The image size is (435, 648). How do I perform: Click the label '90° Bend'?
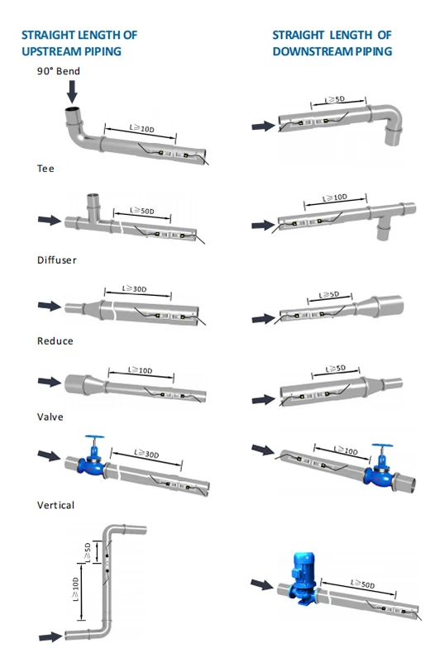58,71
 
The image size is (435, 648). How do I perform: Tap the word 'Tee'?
45,169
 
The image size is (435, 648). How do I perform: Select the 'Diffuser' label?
56,260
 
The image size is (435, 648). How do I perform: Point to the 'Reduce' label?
55,341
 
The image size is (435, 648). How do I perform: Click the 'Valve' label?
50,417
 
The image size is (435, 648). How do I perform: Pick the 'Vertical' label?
56,505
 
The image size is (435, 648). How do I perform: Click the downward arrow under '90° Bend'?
73,92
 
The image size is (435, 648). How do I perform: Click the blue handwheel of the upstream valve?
94,437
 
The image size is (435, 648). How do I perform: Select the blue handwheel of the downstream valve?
382,446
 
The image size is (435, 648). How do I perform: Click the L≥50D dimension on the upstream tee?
142,211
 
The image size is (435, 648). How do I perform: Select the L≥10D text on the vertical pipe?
76,589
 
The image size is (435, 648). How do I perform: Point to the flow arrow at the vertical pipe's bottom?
51,636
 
